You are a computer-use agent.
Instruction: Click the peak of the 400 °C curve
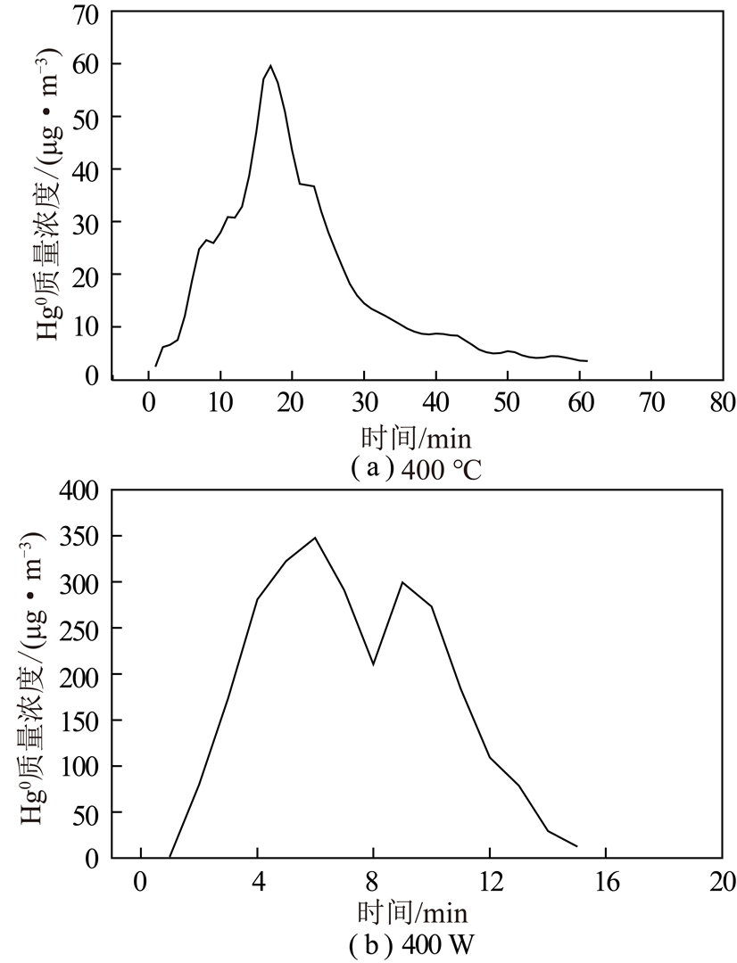(x=270, y=65)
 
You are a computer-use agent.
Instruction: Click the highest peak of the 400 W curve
(x=315, y=538)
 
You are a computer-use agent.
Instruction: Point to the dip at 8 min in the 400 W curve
(x=373, y=664)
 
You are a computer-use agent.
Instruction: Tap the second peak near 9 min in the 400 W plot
(x=402, y=582)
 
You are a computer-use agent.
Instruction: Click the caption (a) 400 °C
(x=415, y=467)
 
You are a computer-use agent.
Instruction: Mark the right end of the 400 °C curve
(x=587, y=361)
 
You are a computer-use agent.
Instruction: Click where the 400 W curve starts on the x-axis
(x=170, y=857)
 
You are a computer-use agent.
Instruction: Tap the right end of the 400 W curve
(x=577, y=846)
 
